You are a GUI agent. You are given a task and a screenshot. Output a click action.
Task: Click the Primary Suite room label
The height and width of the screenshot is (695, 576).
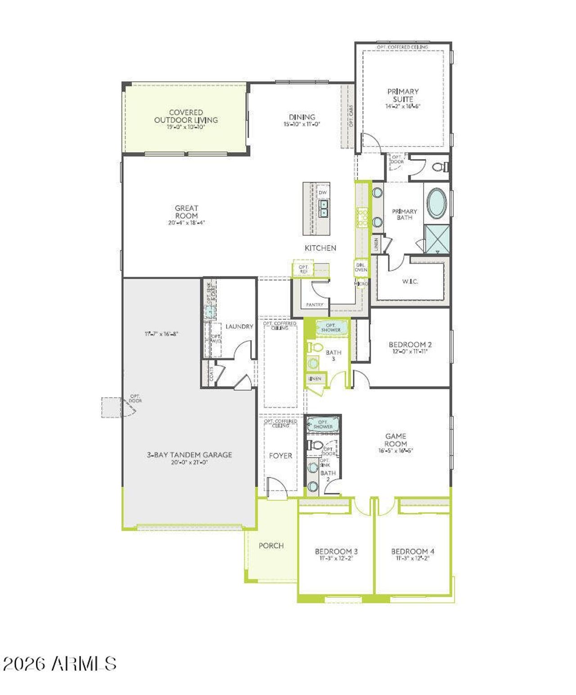point(403,95)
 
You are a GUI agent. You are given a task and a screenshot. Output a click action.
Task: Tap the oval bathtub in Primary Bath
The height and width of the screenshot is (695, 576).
point(436,204)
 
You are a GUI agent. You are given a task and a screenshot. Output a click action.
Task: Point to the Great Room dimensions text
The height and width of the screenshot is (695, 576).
point(186,223)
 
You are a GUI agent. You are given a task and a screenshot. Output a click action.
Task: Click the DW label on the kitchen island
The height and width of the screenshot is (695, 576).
point(323,192)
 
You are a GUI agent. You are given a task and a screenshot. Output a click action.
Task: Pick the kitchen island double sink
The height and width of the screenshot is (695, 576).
point(324,208)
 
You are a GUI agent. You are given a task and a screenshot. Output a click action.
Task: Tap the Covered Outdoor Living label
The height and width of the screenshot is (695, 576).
point(186,116)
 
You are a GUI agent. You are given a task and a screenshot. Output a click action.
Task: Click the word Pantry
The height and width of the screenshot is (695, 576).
point(315,305)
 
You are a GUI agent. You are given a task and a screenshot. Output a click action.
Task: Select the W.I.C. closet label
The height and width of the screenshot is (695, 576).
point(410,282)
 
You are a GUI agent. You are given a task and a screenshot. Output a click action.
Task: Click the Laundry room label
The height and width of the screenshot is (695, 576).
point(239,326)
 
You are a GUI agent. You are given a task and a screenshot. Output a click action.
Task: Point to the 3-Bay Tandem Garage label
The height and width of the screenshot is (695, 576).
point(189,454)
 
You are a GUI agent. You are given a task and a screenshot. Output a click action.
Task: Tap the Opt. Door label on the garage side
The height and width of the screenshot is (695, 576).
point(135,398)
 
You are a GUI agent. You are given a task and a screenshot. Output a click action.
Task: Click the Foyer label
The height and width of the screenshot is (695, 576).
point(280,456)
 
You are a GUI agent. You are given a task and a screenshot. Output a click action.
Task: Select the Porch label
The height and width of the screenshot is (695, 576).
point(271,546)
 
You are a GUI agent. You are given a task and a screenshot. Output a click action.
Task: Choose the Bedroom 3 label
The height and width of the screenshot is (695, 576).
point(336,552)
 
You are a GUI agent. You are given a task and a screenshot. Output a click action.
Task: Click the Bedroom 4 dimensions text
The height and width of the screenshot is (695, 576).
point(413,558)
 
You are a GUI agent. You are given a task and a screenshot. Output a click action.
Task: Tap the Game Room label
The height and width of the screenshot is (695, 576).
point(396,440)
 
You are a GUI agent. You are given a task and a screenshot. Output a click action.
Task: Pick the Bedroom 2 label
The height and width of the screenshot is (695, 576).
point(410,345)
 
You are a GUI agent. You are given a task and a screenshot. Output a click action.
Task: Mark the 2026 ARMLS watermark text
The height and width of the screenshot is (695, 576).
point(59,664)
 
